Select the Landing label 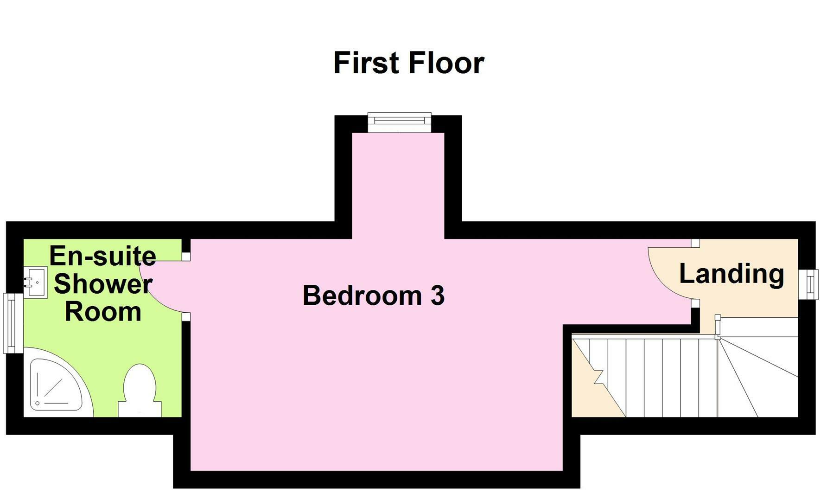point(732,274)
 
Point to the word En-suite point(102,256)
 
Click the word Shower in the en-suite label point(102,284)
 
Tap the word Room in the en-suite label point(102,312)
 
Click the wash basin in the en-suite point(35,282)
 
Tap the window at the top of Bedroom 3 point(399,122)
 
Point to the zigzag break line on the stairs point(598,377)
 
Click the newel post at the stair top point(717,318)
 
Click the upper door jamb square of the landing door point(695,243)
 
